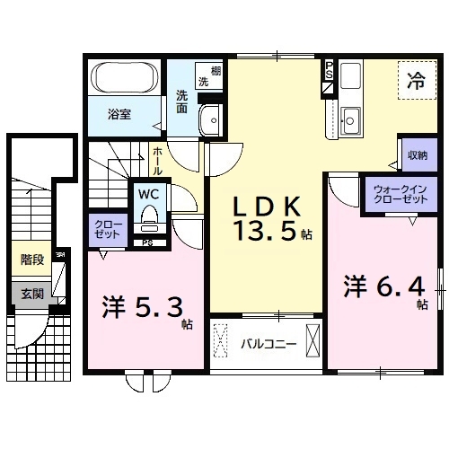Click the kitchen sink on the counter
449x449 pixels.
[x=350, y=116]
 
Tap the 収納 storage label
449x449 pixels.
[x=416, y=154]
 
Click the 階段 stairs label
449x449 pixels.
[x=32, y=261]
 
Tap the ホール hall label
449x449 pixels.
[x=158, y=162]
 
